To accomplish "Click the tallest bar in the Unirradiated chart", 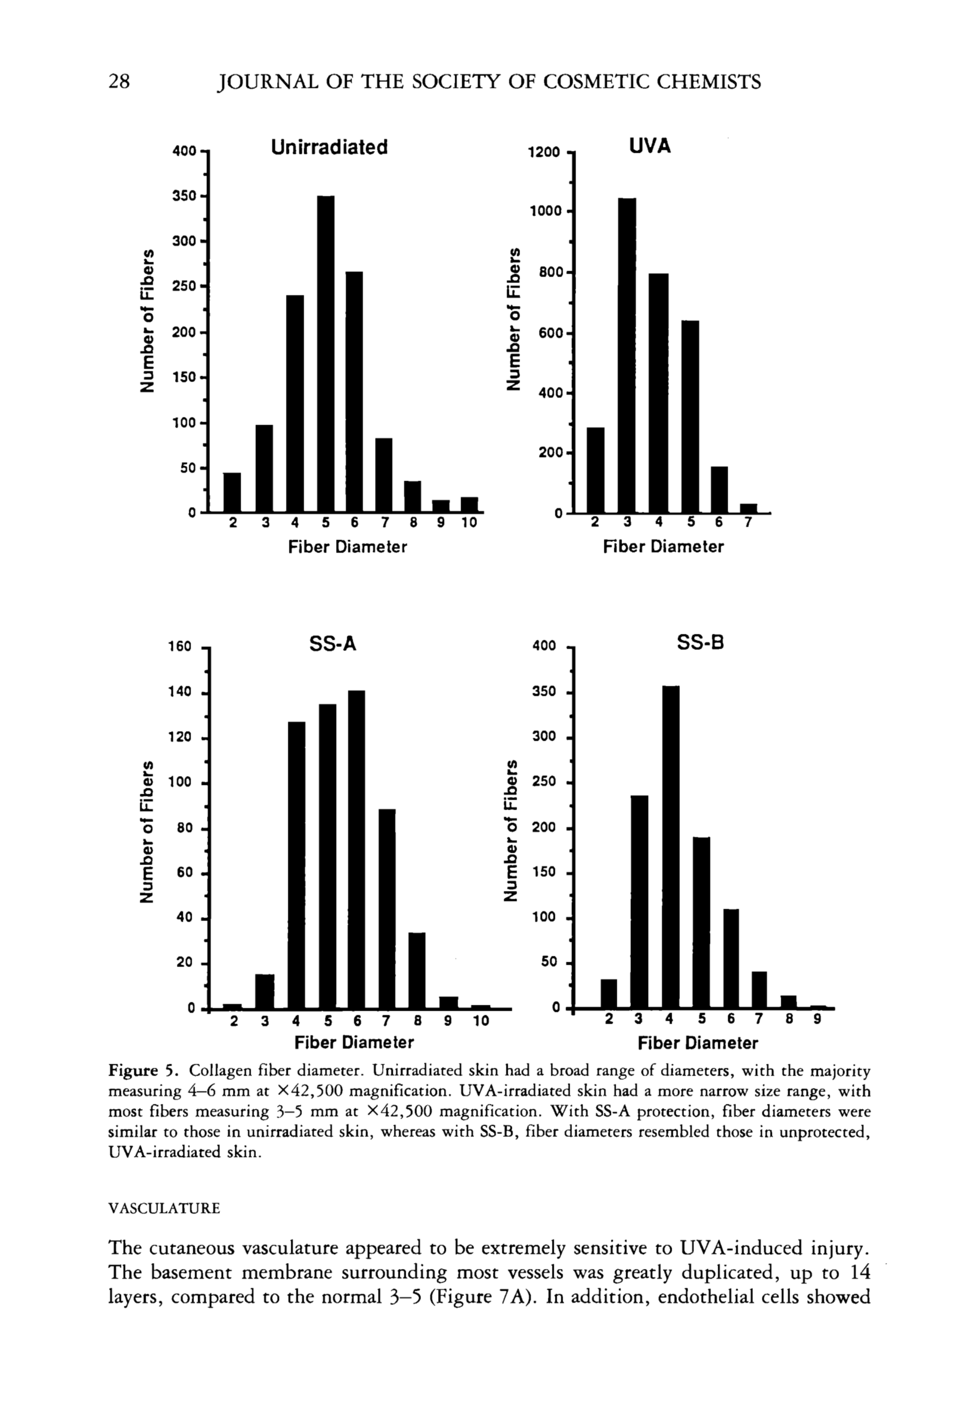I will click(x=325, y=354).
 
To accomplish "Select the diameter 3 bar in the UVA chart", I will click(x=627, y=356).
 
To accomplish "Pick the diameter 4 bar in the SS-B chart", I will click(x=670, y=847).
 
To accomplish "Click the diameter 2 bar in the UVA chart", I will click(x=596, y=470).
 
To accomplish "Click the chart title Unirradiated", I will click(x=329, y=148).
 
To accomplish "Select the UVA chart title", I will click(x=650, y=146).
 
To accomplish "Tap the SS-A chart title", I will click(x=333, y=644).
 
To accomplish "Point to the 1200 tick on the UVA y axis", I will click(x=544, y=152).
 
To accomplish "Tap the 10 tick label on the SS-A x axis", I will click(x=481, y=1021).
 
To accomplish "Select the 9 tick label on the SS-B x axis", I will click(x=817, y=1019).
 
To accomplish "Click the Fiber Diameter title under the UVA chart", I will click(x=663, y=547).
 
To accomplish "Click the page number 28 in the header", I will click(x=119, y=81).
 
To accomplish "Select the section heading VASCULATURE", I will click(x=164, y=1208).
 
